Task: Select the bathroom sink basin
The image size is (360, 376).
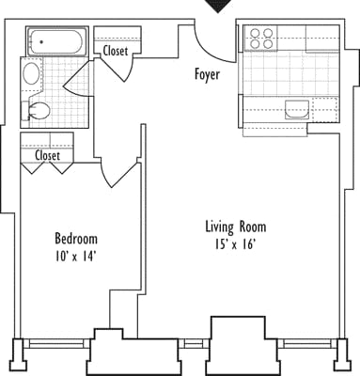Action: (31, 73)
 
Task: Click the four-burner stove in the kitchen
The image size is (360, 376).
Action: (259, 38)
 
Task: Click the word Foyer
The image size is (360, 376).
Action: (207, 74)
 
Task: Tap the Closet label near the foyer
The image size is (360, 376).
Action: (117, 51)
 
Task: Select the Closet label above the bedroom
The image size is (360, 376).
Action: (48, 155)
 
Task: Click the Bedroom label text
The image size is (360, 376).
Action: (75, 239)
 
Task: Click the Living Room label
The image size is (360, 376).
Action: (236, 227)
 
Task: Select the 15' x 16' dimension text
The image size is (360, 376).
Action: (236, 244)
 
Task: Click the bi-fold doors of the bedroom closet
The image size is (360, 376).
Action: (48, 168)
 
